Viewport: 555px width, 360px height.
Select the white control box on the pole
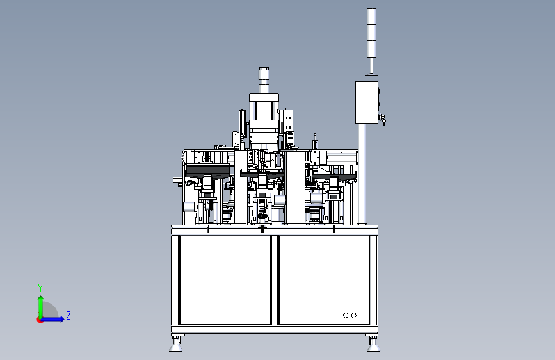[x=366, y=102]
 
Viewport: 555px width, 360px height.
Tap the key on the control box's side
[x=383, y=119]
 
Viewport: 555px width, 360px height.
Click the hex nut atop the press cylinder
[x=264, y=69]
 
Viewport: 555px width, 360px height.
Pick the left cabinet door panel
[x=225, y=280]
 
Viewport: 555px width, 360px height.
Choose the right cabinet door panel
[x=325, y=280]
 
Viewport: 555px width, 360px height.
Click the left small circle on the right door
[x=346, y=315]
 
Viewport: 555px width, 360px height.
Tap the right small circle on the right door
[x=354, y=315]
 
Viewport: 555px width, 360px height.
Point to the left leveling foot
[x=176, y=343]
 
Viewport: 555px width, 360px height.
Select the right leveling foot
[x=373, y=343]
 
